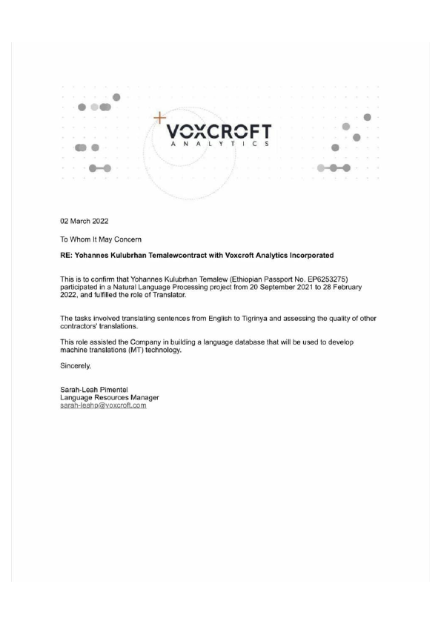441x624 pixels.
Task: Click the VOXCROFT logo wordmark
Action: [x=219, y=131]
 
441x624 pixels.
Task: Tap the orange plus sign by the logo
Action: [x=159, y=117]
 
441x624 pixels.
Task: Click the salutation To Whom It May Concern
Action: [x=102, y=239]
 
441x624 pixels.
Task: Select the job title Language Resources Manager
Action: [x=110, y=397]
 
